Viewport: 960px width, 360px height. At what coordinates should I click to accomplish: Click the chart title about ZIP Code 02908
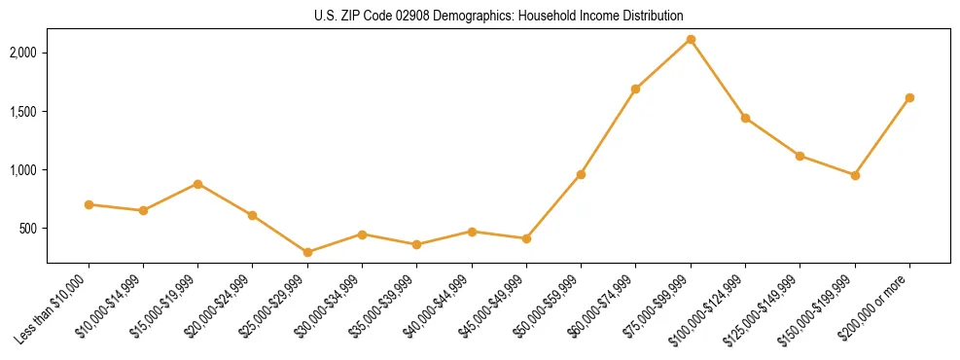[x=499, y=16]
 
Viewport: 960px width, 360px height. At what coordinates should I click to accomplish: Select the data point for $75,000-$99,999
[x=691, y=39]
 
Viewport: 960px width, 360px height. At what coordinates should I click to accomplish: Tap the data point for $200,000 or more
[x=909, y=97]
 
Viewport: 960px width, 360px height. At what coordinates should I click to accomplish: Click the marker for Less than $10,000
[x=89, y=204]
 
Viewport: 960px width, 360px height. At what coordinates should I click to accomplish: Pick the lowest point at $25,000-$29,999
[x=307, y=252]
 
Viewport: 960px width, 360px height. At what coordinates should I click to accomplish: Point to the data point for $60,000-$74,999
[x=635, y=89]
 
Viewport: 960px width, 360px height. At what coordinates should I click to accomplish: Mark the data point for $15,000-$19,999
[x=197, y=184]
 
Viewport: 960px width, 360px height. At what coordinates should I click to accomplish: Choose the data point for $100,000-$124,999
[x=745, y=118]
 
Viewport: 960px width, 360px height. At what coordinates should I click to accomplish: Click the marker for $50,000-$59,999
[x=581, y=174]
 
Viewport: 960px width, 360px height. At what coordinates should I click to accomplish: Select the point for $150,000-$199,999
[x=855, y=175]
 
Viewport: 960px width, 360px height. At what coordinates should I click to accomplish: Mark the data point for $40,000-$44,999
[x=472, y=232]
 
